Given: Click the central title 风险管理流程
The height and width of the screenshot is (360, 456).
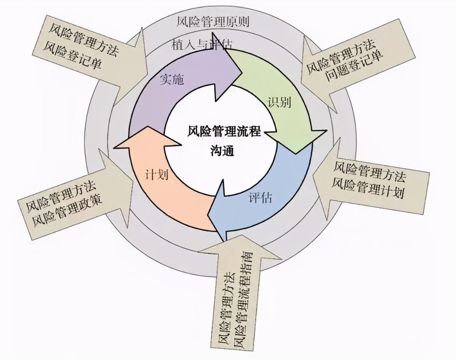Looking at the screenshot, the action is click(x=224, y=131).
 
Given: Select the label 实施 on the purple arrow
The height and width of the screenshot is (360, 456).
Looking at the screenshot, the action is click(x=172, y=79).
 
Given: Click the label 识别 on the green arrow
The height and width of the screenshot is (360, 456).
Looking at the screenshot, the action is click(x=279, y=102).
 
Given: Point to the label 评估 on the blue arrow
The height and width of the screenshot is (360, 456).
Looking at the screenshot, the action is click(x=260, y=198).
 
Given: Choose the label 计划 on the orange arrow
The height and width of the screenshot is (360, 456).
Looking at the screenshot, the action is click(x=157, y=174).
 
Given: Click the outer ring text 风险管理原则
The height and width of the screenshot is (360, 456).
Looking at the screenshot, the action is click(x=213, y=21).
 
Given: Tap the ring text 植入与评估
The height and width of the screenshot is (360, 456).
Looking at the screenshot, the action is click(x=201, y=45).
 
